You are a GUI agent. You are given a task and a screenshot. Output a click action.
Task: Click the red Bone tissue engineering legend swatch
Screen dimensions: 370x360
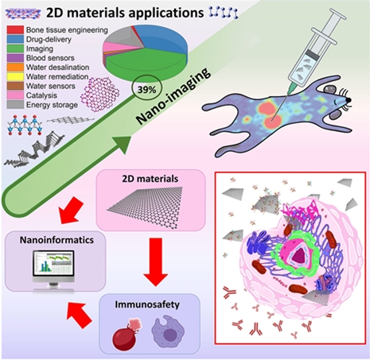(15, 29)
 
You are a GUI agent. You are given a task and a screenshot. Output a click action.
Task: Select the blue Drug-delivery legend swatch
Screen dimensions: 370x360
(15, 39)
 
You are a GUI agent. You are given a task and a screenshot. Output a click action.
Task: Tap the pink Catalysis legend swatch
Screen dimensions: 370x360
(15, 95)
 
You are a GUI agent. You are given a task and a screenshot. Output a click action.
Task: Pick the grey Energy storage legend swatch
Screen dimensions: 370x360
(15, 105)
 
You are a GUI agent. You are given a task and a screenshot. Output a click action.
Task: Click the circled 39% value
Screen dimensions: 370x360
(147, 90)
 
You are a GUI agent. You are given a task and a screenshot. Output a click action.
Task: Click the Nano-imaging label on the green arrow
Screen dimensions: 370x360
(173, 96)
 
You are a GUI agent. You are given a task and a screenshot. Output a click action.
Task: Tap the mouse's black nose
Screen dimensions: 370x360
(349, 100)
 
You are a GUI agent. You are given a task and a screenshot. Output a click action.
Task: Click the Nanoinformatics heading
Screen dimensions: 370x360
(56, 240)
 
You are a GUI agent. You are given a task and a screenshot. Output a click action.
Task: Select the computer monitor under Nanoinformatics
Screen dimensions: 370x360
(53, 270)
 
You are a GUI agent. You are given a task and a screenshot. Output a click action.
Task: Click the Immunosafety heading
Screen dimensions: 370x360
(147, 304)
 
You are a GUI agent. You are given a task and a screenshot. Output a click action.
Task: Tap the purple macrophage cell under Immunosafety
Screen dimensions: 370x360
(168, 331)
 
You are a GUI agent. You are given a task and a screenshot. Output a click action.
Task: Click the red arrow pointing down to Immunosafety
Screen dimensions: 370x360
(156, 262)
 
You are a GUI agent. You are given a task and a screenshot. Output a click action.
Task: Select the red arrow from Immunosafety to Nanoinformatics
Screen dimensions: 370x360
(79, 315)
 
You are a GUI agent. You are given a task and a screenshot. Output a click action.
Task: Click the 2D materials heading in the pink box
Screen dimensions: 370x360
(150, 179)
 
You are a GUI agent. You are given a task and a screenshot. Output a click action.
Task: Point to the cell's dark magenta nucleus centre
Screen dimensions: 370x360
(299, 255)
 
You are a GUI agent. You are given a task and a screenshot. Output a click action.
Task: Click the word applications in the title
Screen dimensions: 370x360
(166, 14)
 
